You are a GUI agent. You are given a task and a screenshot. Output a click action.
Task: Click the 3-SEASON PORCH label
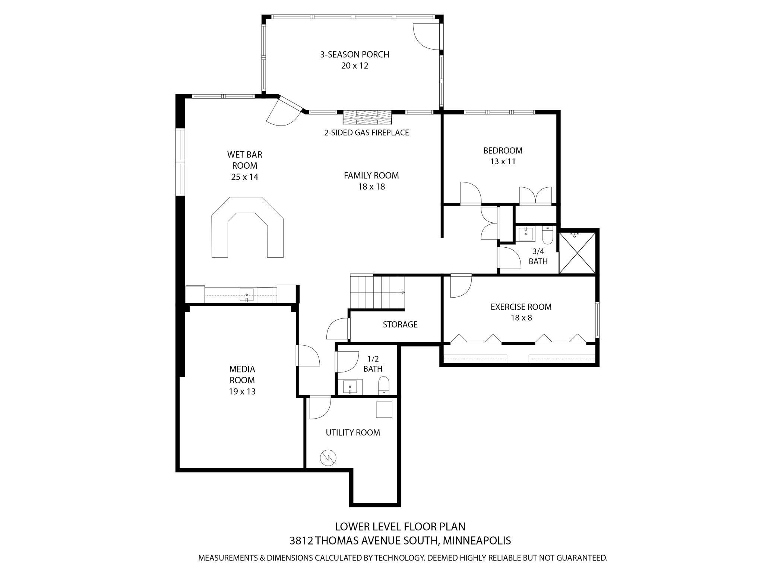point(354,54)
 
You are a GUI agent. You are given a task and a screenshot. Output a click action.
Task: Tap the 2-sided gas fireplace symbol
point(367,118)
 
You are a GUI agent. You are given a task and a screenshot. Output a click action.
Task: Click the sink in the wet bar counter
point(246,295)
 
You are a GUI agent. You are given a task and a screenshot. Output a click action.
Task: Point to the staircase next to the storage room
point(377,292)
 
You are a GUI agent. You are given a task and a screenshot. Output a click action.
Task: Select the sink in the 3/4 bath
point(526,234)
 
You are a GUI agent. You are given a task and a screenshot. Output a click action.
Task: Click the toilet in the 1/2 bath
point(383,385)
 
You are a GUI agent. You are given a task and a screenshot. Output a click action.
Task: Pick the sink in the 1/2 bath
point(350,387)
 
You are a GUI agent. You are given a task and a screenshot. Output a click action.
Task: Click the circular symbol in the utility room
point(328,458)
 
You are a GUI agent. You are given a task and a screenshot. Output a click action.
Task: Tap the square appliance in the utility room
point(384,410)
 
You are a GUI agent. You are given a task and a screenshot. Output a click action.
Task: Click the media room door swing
point(309,356)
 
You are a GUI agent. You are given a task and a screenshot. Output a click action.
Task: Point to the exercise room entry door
point(461,286)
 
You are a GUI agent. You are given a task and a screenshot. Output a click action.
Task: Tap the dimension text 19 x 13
point(242,391)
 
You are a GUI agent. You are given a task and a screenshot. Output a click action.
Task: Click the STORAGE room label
point(400,324)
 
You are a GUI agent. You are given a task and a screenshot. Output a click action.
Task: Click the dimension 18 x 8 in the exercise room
point(521,318)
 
